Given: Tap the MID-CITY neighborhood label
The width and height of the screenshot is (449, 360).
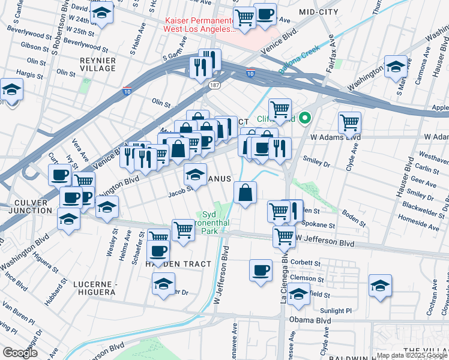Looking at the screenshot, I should (318, 11).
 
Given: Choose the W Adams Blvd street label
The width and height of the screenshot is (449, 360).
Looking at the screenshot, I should (335, 137).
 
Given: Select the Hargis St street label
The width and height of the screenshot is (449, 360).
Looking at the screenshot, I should (37, 73).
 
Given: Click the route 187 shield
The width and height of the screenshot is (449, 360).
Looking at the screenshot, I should (214, 86).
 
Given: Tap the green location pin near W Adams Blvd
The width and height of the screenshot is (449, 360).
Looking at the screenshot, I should (305, 118).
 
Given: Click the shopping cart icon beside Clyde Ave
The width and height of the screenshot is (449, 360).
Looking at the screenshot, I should (349, 123).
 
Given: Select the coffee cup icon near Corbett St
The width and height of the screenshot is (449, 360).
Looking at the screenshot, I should (261, 270).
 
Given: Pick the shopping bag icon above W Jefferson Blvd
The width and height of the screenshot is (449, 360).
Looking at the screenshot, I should (245, 192).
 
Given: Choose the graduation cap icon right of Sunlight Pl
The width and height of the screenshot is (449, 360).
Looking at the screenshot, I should (380, 285).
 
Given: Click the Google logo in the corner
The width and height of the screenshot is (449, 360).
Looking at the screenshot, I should (20, 353).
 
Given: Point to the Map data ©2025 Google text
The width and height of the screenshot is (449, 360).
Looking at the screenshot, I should (412, 355).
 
